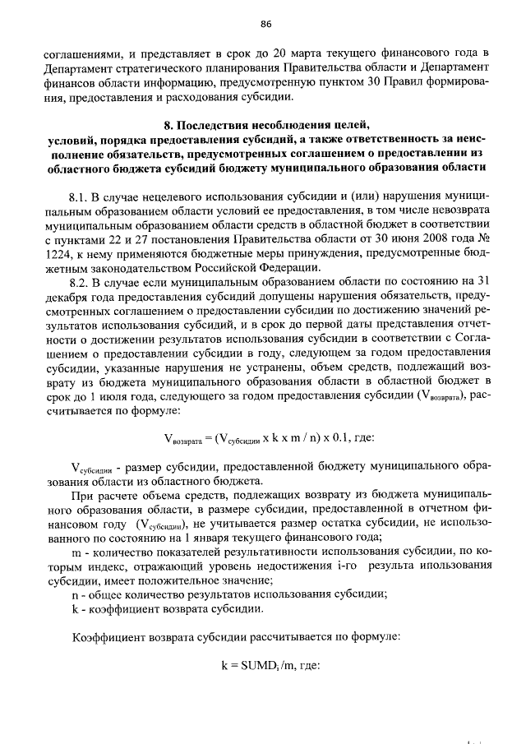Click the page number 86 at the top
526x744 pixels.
(265, 22)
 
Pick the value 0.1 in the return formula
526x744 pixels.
(344, 437)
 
